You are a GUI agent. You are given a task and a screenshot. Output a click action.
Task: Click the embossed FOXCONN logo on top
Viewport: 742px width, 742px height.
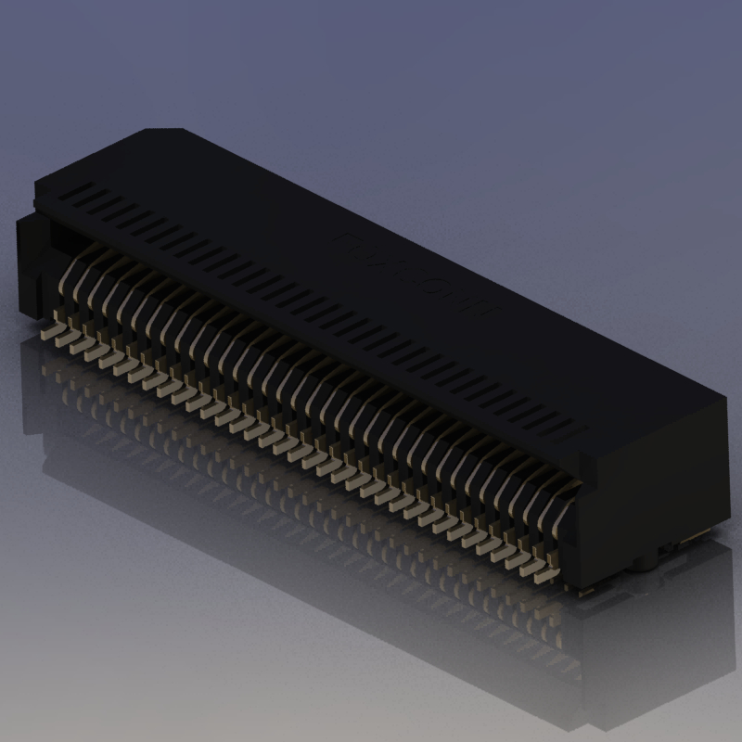[x=417, y=275]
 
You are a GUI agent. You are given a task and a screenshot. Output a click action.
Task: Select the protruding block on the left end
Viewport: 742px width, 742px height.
[x=28, y=260]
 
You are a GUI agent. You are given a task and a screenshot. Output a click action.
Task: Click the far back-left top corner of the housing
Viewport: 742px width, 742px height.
[x=148, y=128]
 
